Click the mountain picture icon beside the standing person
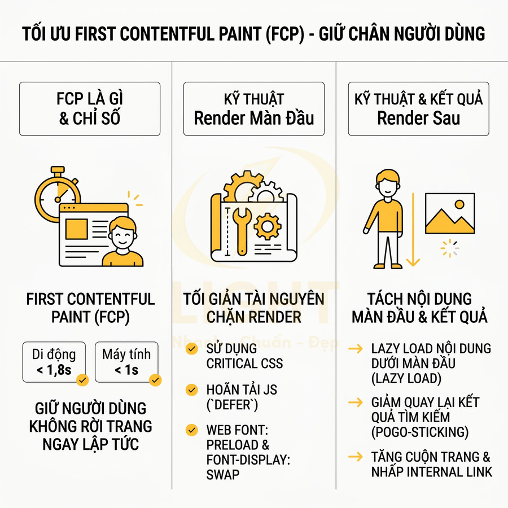pyautogui.click(x=450, y=214)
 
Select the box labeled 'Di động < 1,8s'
pyautogui.click(x=54, y=362)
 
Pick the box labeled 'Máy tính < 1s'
pyautogui.click(x=126, y=362)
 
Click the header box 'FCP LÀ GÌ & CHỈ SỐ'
pyautogui.click(x=90, y=109)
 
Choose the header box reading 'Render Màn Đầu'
pyautogui.click(x=254, y=109)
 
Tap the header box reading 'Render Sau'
pyautogui.click(x=418, y=109)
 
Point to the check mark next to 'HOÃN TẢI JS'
pyautogui.click(x=192, y=389)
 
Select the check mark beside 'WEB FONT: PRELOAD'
pyautogui.click(x=192, y=431)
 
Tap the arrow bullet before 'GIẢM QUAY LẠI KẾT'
pyautogui.click(x=356, y=403)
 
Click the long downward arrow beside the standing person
pyautogui.click(x=414, y=229)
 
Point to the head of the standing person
pyautogui.click(x=388, y=183)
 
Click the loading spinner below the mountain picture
pyautogui.click(x=450, y=248)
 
